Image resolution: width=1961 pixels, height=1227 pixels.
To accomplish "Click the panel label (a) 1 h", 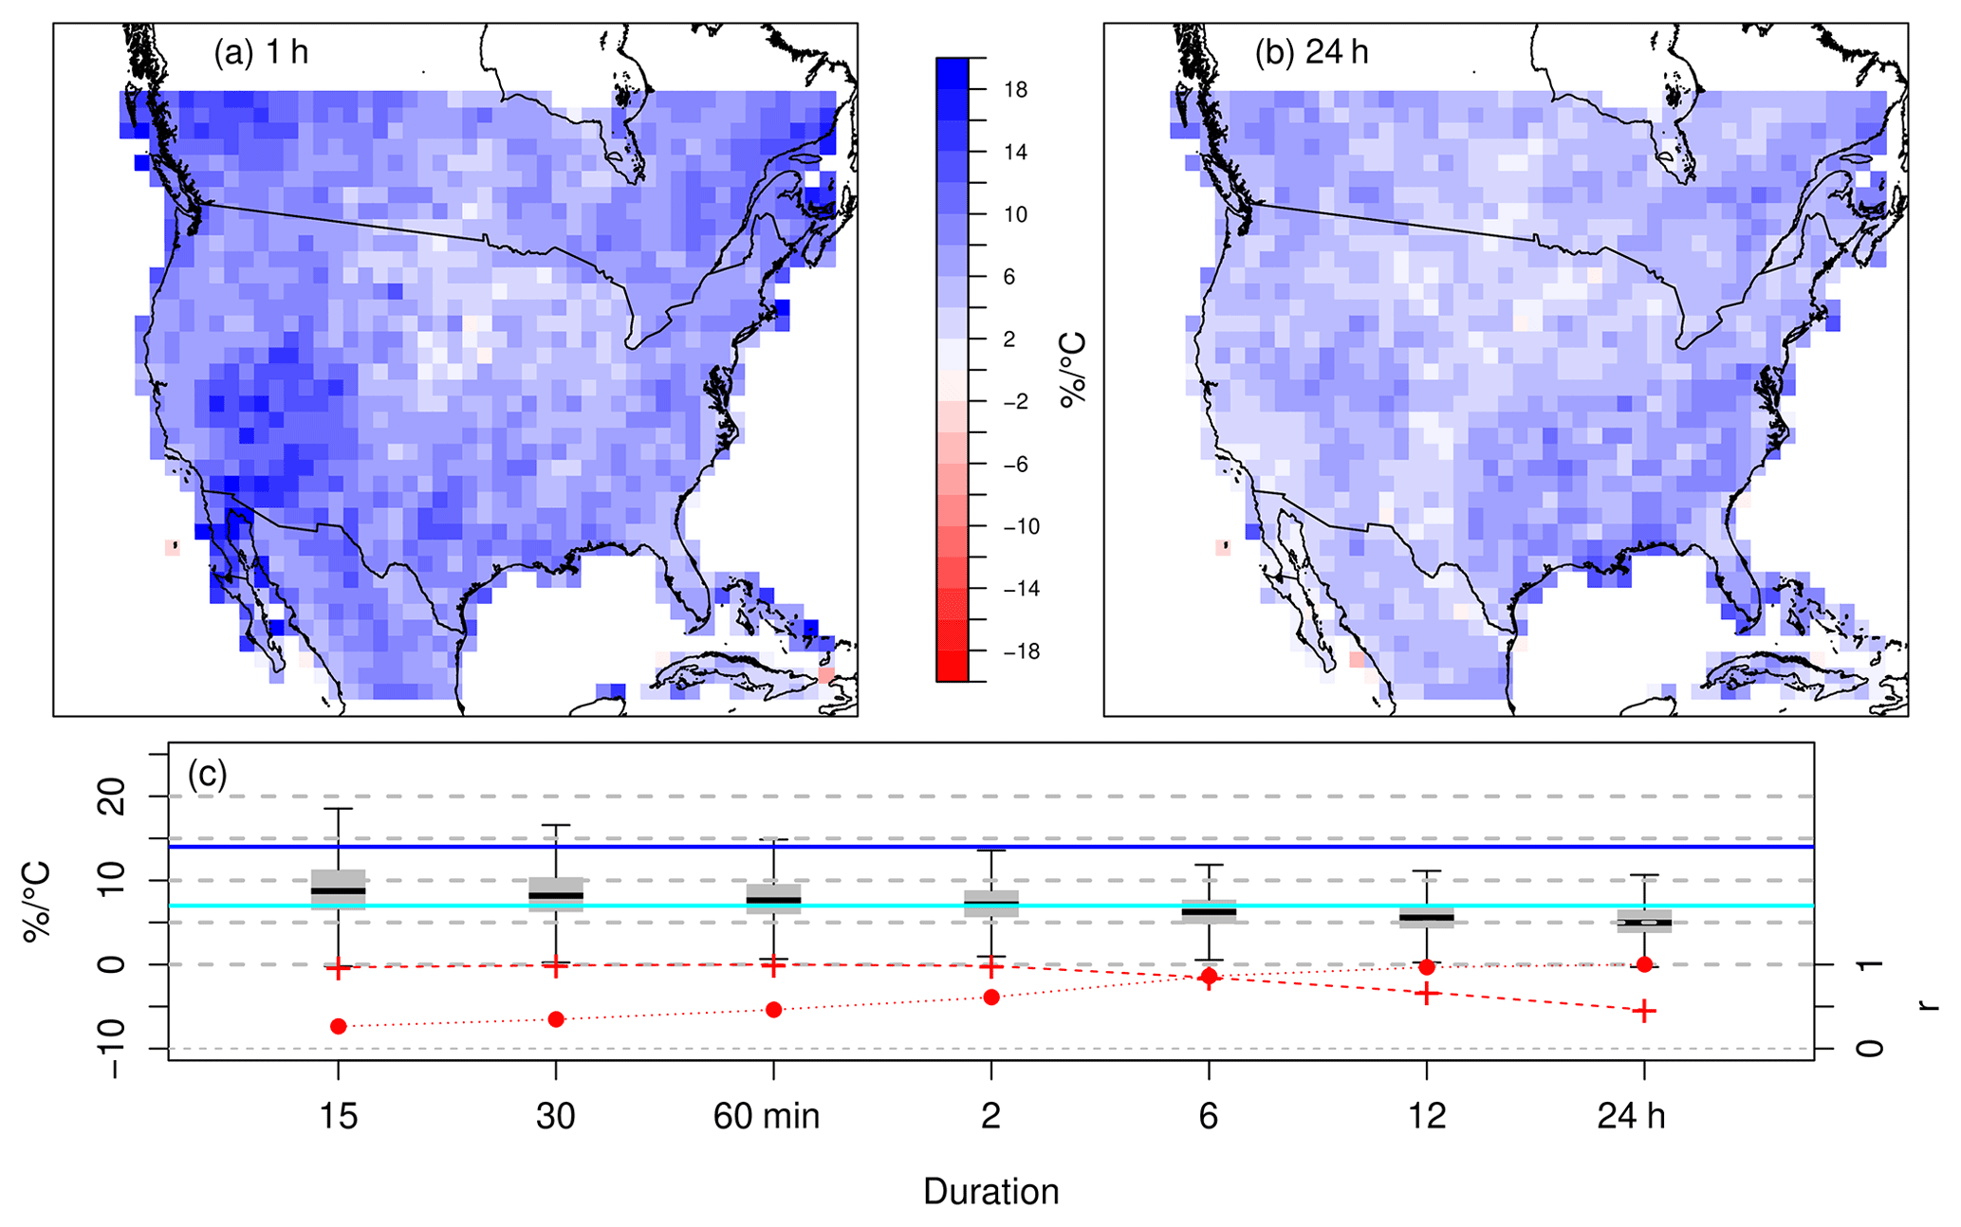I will tap(261, 52).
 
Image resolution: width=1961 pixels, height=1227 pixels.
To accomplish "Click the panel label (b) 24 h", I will tap(1311, 52).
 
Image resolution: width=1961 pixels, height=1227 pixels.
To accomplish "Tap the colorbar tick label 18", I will tap(1015, 90).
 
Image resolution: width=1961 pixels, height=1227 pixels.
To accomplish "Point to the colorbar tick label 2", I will tap(1009, 339).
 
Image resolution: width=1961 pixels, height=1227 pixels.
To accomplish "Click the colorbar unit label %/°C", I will tap(1073, 370).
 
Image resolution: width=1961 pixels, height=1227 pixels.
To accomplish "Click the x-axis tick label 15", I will tap(338, 1117).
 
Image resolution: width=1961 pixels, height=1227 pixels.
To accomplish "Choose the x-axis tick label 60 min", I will tap(767, 1117).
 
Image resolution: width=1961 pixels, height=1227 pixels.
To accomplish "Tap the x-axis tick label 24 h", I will tap(1631, 1117).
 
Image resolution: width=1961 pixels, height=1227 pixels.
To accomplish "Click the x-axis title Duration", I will tap(990, 1192).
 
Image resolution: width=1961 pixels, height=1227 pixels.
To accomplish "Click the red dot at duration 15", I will tap(338, 1026).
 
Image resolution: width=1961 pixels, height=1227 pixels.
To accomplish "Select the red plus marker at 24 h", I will tap(1644, 1011).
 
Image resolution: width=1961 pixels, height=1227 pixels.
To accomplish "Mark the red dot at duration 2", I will tap(991, 997).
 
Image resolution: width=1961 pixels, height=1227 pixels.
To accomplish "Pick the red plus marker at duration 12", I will tap(1427, 993).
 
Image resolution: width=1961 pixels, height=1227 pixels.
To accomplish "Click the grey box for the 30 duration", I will tap(556, 894).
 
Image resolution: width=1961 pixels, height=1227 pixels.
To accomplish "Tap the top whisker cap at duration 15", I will tap(338, 809).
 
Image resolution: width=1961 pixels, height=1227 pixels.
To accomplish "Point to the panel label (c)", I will tap(207, 775).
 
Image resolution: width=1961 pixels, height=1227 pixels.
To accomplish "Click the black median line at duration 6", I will tap(1209, 912).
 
